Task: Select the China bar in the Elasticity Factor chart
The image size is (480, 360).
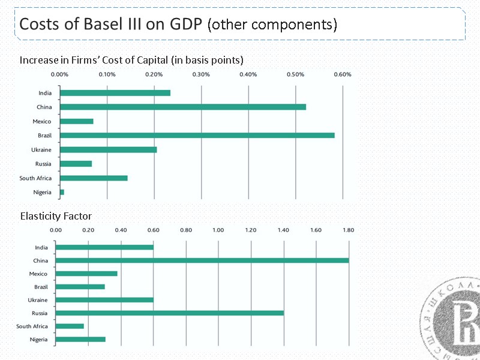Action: click(202, 260)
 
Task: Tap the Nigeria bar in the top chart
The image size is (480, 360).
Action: click(62, 192)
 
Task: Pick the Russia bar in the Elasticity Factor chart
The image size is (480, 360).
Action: click(169, 313)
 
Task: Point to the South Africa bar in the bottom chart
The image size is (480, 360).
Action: click(70, 326)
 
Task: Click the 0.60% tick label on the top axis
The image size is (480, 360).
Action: click(342, 74)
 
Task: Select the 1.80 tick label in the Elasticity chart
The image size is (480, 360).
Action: click(349, 229)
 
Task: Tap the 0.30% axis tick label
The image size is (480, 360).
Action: click(201, 74)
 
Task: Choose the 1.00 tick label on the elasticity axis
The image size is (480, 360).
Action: click(218, 229)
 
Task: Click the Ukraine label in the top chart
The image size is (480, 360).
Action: click(41, 149)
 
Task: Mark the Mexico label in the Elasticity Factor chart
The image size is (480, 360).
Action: click(38, 274)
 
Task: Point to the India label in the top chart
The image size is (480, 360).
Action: click(45, 93)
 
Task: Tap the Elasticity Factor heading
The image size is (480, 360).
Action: click(56, 216)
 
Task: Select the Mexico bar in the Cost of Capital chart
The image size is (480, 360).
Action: click(77, 121)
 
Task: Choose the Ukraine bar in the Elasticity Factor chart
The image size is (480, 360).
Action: click(104, 299)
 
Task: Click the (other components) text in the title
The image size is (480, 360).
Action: click(272, 25)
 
